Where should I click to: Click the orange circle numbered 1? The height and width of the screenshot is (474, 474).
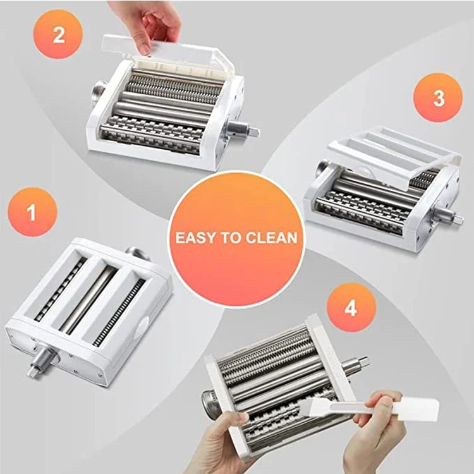tap(32, 212)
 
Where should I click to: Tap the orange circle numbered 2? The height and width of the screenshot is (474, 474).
tap(58, 34)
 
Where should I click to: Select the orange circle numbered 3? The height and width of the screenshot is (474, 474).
tap(438, 97)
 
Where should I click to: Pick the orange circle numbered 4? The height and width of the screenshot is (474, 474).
tap(351, 308)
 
